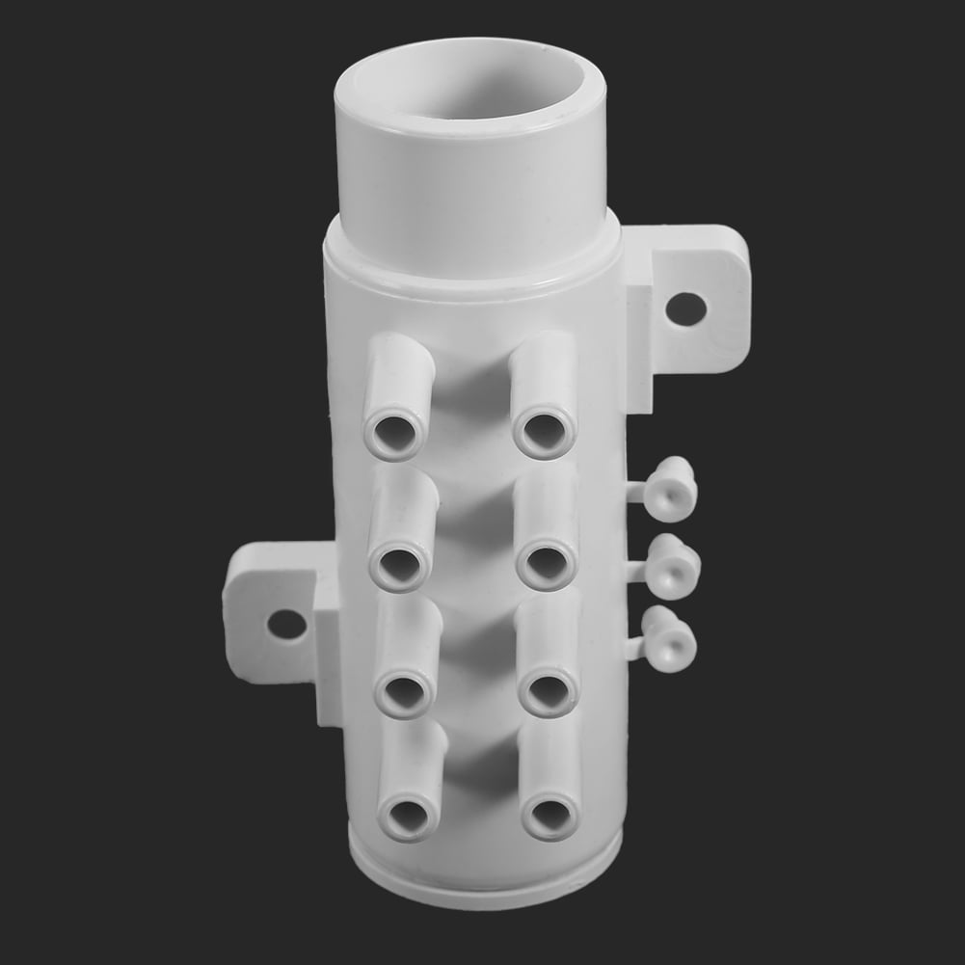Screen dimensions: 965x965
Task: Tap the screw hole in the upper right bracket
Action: (x=686, y=308)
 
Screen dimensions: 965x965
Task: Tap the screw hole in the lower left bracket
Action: (x=286, y=624)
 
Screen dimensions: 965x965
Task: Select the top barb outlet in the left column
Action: (x=397, y=395)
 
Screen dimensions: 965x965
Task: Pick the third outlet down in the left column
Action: (x=406, y=660)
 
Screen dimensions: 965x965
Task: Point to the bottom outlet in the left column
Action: (x=410, y=786)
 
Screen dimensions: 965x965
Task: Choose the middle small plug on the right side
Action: (x=672, y=569)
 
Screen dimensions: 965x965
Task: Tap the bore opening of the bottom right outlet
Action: (x=550, y=816)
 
